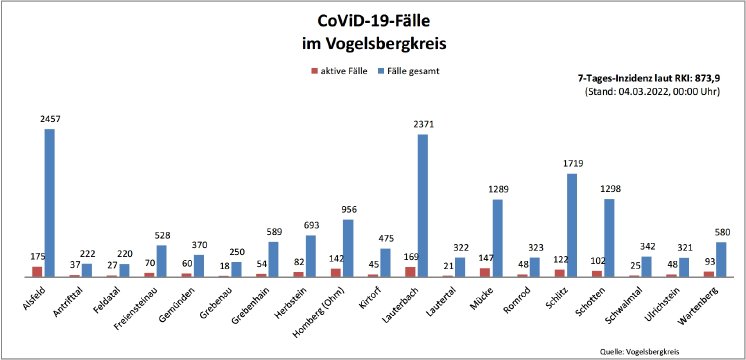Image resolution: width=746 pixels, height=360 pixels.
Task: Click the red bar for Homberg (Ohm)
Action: coord(336,272)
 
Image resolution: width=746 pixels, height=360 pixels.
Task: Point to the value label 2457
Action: coord(49,119)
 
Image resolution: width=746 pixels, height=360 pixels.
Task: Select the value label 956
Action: coord(348,210)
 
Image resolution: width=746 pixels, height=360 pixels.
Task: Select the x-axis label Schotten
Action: coord(590,295)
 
